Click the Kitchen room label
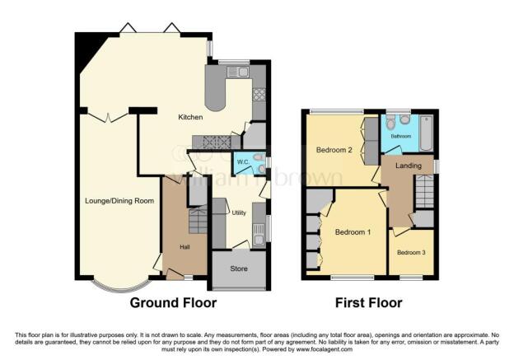190,118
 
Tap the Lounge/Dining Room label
119,200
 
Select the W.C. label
243,161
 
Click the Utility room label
239,213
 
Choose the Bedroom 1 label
352,232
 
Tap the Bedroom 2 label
334,150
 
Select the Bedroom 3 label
411,252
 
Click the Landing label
408,166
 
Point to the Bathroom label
401,136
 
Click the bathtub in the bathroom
426,132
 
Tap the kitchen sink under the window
240,72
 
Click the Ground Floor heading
174,303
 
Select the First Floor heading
368,303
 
